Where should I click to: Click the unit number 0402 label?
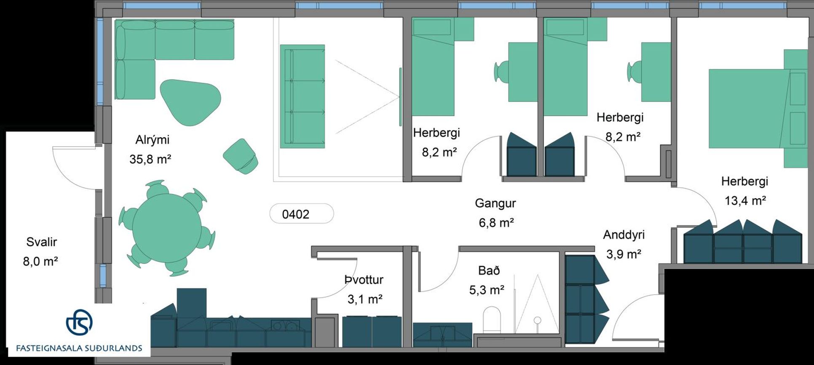295,214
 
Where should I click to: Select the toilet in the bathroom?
491,320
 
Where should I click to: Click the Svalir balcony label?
41,242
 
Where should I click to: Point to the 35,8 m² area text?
150,159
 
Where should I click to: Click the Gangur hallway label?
495,203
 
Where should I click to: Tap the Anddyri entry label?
624,235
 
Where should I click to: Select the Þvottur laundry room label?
364,280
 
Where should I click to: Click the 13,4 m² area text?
745,201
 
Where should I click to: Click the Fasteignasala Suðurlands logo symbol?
79,322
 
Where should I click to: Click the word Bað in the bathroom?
489,271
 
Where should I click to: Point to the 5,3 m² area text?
487,290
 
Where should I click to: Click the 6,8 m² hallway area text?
496,223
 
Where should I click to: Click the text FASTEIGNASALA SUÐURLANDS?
79,348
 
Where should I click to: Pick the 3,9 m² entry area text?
624,254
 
